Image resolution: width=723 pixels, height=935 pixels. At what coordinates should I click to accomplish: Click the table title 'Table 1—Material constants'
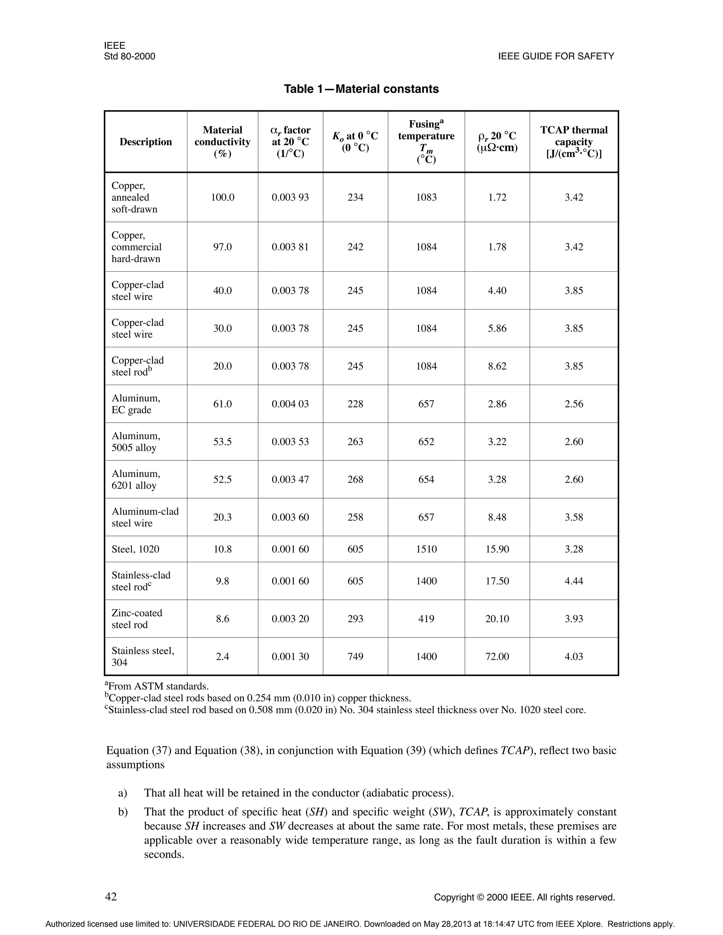(x=361, y=89)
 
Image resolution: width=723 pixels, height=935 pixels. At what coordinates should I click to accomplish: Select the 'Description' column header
(x=146, y=142)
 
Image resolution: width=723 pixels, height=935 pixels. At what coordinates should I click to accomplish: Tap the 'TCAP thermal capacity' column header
(x=574, y=142)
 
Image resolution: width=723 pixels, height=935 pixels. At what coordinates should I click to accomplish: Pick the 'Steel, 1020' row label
(x=135, y=549)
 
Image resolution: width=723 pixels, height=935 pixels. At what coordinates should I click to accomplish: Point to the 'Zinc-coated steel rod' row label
(x=137, y=619)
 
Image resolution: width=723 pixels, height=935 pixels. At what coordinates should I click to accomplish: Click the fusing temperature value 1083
(x=426, y=197)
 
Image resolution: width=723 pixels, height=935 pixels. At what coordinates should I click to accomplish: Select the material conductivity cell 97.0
(x=222, y=247)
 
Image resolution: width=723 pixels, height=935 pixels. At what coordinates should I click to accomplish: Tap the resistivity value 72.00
(x=497, y=656)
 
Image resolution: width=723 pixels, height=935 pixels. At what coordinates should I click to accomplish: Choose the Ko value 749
(x=355, y=656)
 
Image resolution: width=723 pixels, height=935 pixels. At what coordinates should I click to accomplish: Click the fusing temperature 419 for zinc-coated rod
(x=426, y=619)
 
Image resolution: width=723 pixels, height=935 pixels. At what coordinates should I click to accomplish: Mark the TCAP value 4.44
(x=574, y=581)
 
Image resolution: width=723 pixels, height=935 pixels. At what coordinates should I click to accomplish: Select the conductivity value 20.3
(x=222, y=517)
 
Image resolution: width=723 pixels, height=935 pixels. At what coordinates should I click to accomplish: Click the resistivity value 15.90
(x=497, y=549)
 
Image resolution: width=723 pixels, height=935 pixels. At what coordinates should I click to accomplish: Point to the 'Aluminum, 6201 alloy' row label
(x=136, y=479)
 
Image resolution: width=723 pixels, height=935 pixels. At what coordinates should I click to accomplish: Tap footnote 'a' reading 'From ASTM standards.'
(x=157, y=686)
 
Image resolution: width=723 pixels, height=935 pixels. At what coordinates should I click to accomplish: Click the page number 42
(x=111, y=896)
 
